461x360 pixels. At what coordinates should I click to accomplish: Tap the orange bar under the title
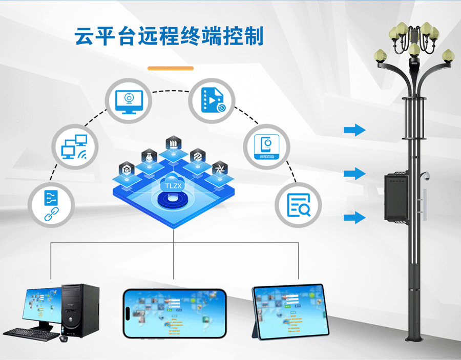[x=171, y=68]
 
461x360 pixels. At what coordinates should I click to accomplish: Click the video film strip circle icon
[x=212, y=100]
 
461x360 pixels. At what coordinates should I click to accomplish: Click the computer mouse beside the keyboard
[x=64, y=338]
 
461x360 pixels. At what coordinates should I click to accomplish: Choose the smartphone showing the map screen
[x=174, y=313]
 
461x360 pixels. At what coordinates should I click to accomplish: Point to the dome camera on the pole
[x=425, y=177]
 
